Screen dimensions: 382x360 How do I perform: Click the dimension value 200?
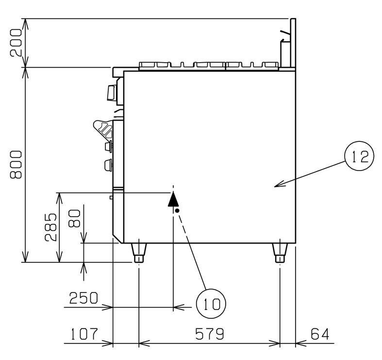pos(16,43)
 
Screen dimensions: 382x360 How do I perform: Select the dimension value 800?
pos(16,165)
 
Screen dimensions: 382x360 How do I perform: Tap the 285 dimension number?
pos(51,227)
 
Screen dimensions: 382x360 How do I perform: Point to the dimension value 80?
pos(75,219)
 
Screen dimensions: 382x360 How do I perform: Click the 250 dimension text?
pos(83,298)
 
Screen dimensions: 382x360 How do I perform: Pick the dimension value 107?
pos(84,334)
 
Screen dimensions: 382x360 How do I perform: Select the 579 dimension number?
pos(210,334)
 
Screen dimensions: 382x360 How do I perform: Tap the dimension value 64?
pos(320,334)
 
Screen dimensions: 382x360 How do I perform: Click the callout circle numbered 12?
pos(359,156)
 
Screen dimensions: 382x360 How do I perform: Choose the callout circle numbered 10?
pos(211,304)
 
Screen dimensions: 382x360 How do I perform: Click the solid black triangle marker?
pos(173,199)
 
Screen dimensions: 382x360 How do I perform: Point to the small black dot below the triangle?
pos(177,210)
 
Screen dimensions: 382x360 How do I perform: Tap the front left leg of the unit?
pos(139,253)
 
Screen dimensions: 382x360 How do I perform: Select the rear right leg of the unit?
pos(280,253)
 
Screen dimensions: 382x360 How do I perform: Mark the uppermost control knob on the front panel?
pos(112,93)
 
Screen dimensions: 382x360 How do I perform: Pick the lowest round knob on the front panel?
pos(108,165)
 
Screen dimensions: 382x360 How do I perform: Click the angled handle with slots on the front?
pos(103,129)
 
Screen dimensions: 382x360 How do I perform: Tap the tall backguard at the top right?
pos(293,43)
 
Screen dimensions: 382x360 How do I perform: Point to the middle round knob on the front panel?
pos(109,147)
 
